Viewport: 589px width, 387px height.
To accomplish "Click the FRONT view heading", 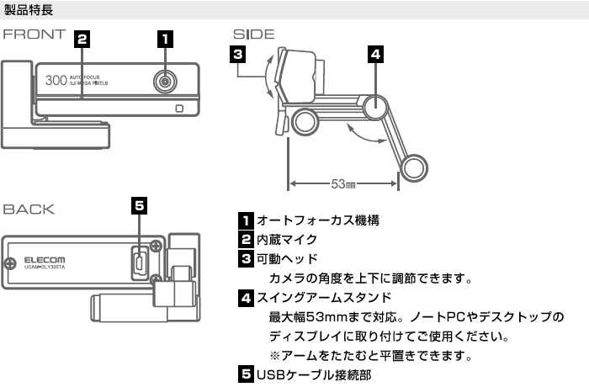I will (x=36, y=36).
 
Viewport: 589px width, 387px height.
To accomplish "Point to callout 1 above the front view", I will (x=166, y=39).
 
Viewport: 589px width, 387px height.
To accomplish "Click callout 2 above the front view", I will (x=82, y=39).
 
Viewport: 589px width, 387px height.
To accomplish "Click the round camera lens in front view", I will (x=166, y=82).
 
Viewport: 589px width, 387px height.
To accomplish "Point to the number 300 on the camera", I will (x=56, y=82).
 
